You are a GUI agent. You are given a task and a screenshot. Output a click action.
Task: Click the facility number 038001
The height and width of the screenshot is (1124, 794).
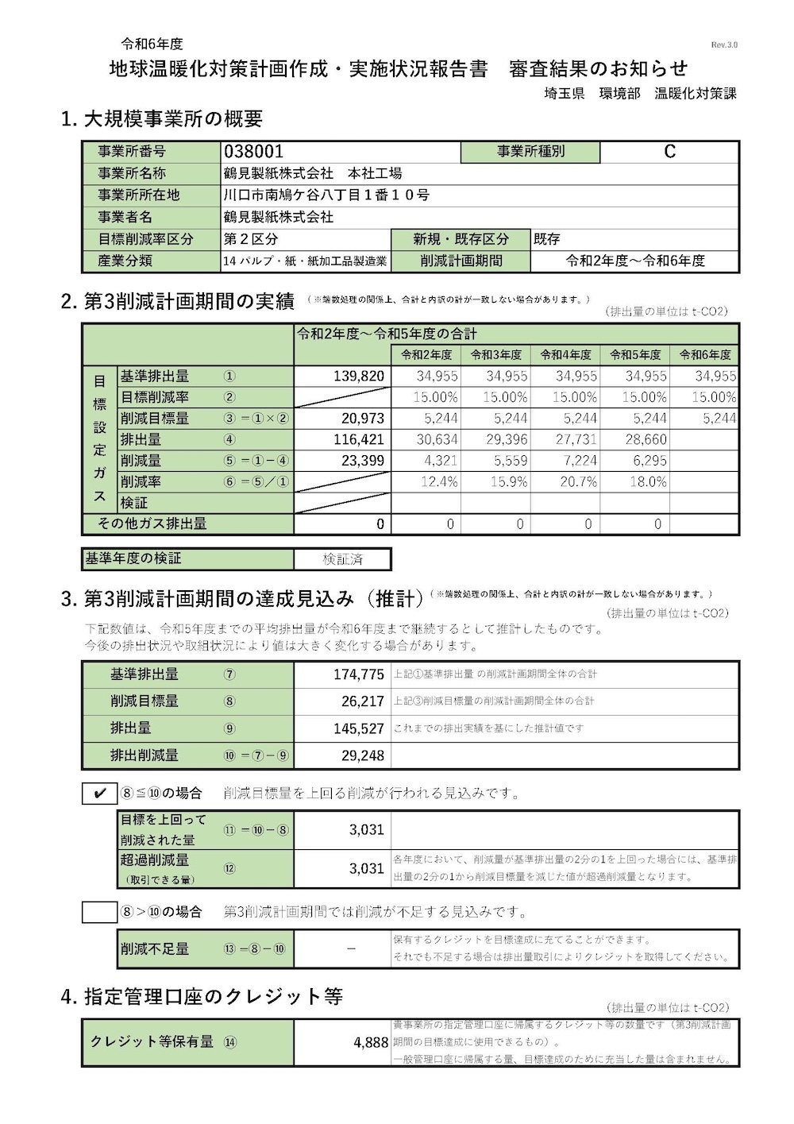click(254, 152)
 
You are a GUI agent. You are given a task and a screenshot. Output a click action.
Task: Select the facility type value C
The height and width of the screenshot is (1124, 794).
click(669, 152)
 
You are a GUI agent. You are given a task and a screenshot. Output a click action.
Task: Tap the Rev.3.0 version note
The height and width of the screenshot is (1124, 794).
click(724, 45)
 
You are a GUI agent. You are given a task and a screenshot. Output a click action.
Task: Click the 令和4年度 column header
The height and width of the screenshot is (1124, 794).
click(565, 355)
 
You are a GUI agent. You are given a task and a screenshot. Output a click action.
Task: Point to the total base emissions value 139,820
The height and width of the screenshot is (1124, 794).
click(359, 377)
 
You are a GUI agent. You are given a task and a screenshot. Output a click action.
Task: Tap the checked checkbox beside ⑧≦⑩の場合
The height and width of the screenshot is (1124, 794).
click(100, 794)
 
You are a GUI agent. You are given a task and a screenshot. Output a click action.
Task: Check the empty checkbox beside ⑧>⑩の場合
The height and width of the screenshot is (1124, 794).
click(100, 912)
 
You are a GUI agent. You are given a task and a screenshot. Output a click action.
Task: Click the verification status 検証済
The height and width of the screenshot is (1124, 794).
click(342, 559)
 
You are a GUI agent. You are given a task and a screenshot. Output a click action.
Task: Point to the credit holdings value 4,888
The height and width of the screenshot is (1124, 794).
click(371, 1042)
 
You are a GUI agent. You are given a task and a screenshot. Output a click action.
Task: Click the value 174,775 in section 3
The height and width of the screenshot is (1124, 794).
click(359, 674)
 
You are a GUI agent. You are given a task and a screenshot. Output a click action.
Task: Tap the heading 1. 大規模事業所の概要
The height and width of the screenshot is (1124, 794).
click(161, 119)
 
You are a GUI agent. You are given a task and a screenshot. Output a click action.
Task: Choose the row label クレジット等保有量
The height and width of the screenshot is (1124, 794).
click(152, 1041)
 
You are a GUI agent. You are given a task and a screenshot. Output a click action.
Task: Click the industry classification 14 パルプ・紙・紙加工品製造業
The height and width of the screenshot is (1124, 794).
click(306, 261)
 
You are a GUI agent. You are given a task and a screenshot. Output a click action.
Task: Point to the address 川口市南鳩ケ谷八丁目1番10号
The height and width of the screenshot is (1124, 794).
click(326, 195)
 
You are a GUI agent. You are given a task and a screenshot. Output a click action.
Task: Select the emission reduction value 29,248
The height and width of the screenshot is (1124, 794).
click(363, 755)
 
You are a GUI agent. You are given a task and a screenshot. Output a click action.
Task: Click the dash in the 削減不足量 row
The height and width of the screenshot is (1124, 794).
click(352, 948)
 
